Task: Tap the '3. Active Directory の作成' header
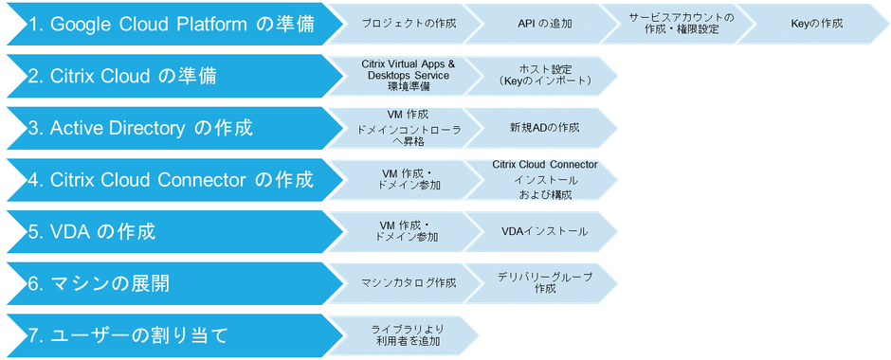pos(152,128)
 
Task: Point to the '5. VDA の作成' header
pos(104,231)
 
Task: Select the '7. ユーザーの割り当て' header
pos(133,334)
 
